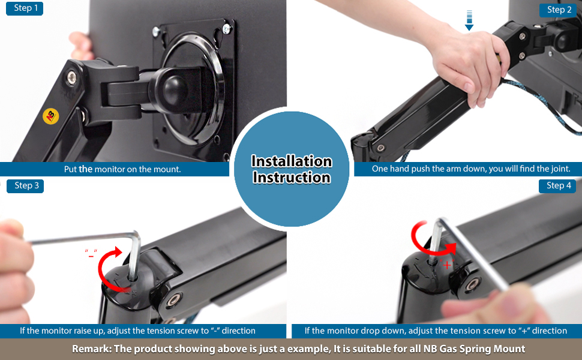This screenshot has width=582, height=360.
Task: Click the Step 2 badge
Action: (559, 10)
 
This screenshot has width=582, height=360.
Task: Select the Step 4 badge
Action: (559, 185)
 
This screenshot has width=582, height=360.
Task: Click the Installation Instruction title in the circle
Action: (291, 169)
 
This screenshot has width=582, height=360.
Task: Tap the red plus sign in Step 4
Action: (447, 265)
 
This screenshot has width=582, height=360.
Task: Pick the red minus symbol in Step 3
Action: (91, 255)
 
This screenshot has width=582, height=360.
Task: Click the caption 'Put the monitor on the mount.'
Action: (122, 169)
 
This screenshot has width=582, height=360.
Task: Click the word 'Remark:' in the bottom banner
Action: (92, 349)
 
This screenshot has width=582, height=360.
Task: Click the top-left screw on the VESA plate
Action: (157, 31)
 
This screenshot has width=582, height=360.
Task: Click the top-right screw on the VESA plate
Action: (226, 28)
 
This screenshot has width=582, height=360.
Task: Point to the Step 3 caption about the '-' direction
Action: (137, 331)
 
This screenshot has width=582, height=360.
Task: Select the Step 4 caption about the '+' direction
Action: (436, 331)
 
